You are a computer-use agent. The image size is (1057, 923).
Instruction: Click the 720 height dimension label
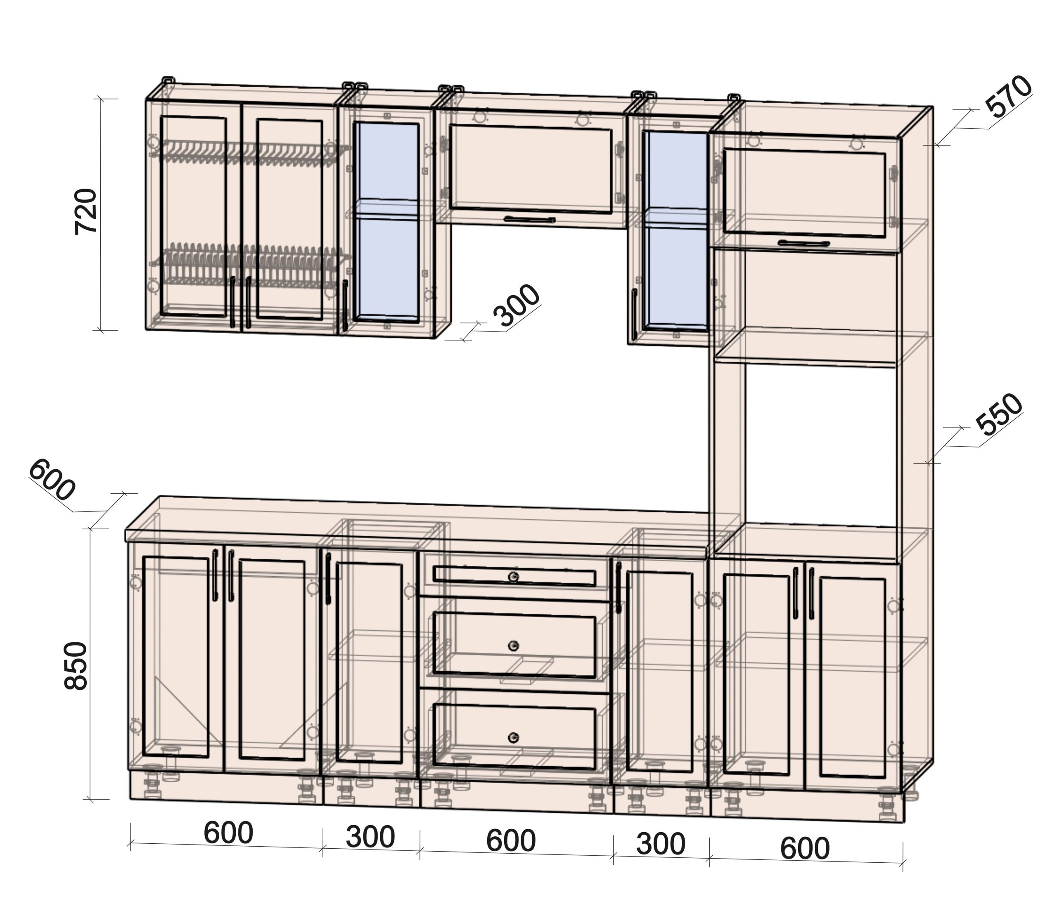click(x=86, y=212)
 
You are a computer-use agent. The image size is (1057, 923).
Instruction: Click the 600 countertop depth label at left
click(x=52, y=480)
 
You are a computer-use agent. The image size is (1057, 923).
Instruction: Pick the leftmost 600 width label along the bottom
click(x=228, y=833)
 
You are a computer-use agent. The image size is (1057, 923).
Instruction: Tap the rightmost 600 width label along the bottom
click(x=805, y=848)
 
